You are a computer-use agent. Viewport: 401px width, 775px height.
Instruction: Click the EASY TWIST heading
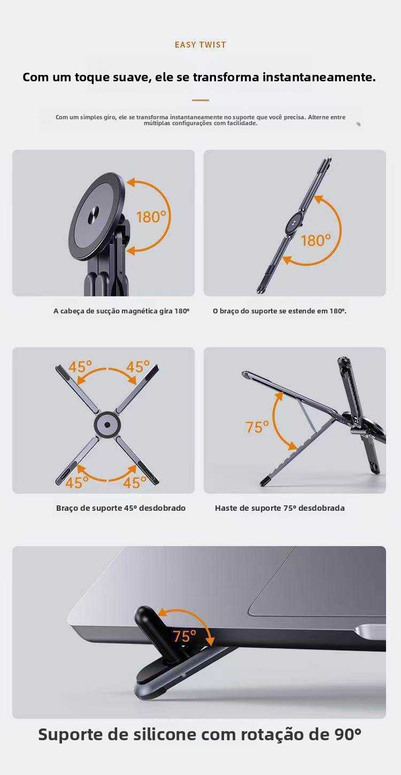click(200, 44)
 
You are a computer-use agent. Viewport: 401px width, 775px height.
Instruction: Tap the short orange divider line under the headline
click(200, 100)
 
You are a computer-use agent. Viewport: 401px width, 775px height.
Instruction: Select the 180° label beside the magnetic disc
click(151, 217)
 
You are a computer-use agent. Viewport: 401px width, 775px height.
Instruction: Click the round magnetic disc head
click(97, 216)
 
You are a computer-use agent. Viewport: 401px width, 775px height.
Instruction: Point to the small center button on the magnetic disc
click(94, 215)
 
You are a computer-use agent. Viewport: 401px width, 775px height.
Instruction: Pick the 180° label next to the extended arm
click(315, 240)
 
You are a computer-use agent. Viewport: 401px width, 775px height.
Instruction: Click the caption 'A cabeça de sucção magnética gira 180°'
click(121, 311)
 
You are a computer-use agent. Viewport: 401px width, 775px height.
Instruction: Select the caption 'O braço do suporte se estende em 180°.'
click(280, 311)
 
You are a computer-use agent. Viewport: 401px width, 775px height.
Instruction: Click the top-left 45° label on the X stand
click(80, 367)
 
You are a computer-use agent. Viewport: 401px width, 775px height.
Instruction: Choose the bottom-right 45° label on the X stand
click(135, 482)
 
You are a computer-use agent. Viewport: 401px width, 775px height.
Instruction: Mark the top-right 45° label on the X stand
click(138, 366)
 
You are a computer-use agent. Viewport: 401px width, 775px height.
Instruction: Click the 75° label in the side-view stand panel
click(257, 427)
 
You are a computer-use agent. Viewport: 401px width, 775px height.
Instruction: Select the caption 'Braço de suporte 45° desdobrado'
click(121, 508)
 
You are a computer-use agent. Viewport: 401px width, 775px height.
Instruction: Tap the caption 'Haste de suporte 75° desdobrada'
click(280, 508)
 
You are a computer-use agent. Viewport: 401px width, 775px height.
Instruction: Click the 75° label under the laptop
click(184, 636)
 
